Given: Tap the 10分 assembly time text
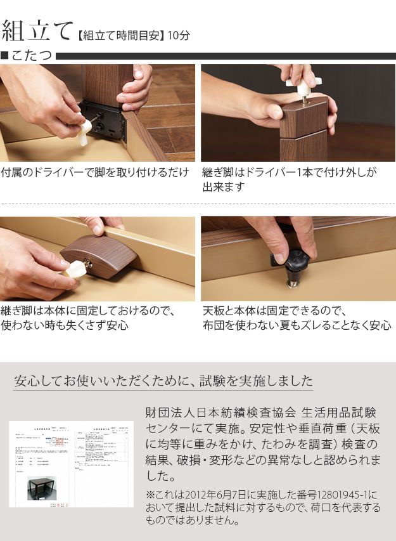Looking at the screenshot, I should (x=179, y=36).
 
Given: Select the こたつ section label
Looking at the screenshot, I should (x=32, y=56).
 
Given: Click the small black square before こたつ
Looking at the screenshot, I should (x=5, y=56).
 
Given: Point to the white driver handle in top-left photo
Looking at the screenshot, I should (x=84, y=132).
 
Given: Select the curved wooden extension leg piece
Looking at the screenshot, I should (x=98, y=256).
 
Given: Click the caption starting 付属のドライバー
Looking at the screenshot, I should (x=95, y=173).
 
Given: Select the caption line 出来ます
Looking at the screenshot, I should (x=224, y=188).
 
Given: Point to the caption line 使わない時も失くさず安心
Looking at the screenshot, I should (x=65, y=325).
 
